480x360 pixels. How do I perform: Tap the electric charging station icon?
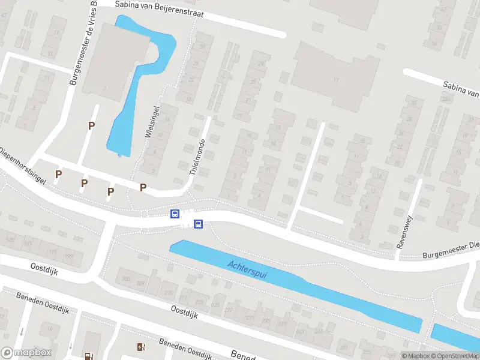point(141,346)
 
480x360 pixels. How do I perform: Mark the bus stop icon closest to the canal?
point(198,224)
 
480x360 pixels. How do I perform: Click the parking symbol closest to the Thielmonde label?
point(143,187)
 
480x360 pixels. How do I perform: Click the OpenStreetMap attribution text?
point(454,356)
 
